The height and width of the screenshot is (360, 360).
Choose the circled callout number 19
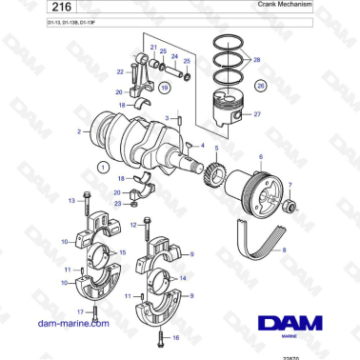point(165,87)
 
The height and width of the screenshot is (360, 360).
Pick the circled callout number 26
point(261,85)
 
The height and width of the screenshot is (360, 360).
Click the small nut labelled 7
point(290,205)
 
